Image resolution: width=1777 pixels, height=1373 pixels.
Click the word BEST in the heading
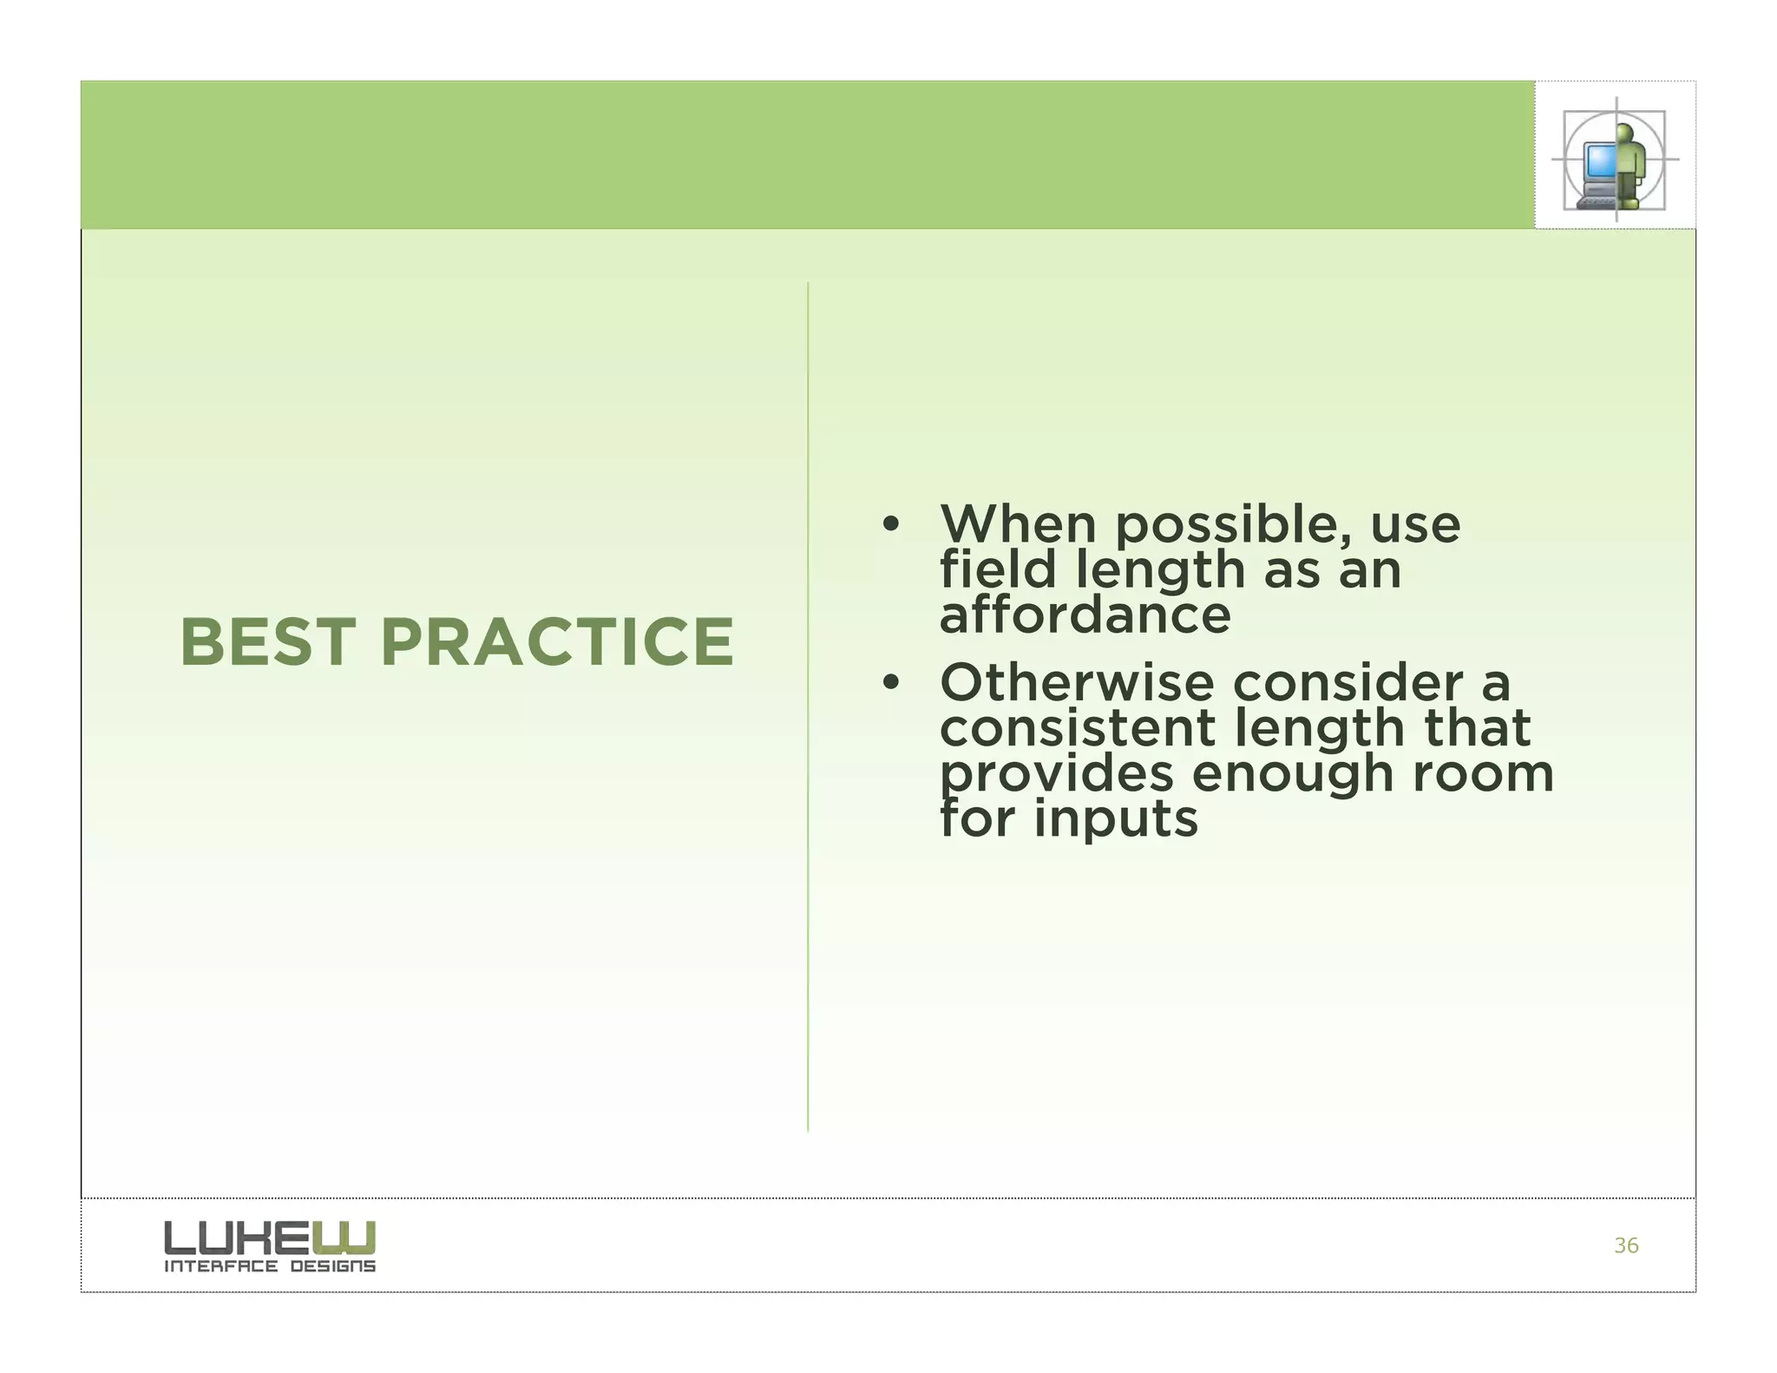pos(267,642)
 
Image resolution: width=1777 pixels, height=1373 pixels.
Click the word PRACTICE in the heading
pos(557,642)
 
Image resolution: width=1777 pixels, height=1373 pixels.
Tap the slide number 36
pos(1626,1245)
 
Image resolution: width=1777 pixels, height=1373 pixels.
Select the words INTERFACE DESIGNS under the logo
pos(270,1266)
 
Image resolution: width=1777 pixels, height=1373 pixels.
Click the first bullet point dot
pos(889,525)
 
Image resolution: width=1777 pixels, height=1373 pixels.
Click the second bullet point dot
pos(889,683)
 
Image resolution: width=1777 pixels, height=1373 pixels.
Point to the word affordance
pos(1085,615)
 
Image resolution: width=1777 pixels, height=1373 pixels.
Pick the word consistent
pos(1076,728)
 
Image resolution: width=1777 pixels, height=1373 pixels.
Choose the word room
pos(1482,773)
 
